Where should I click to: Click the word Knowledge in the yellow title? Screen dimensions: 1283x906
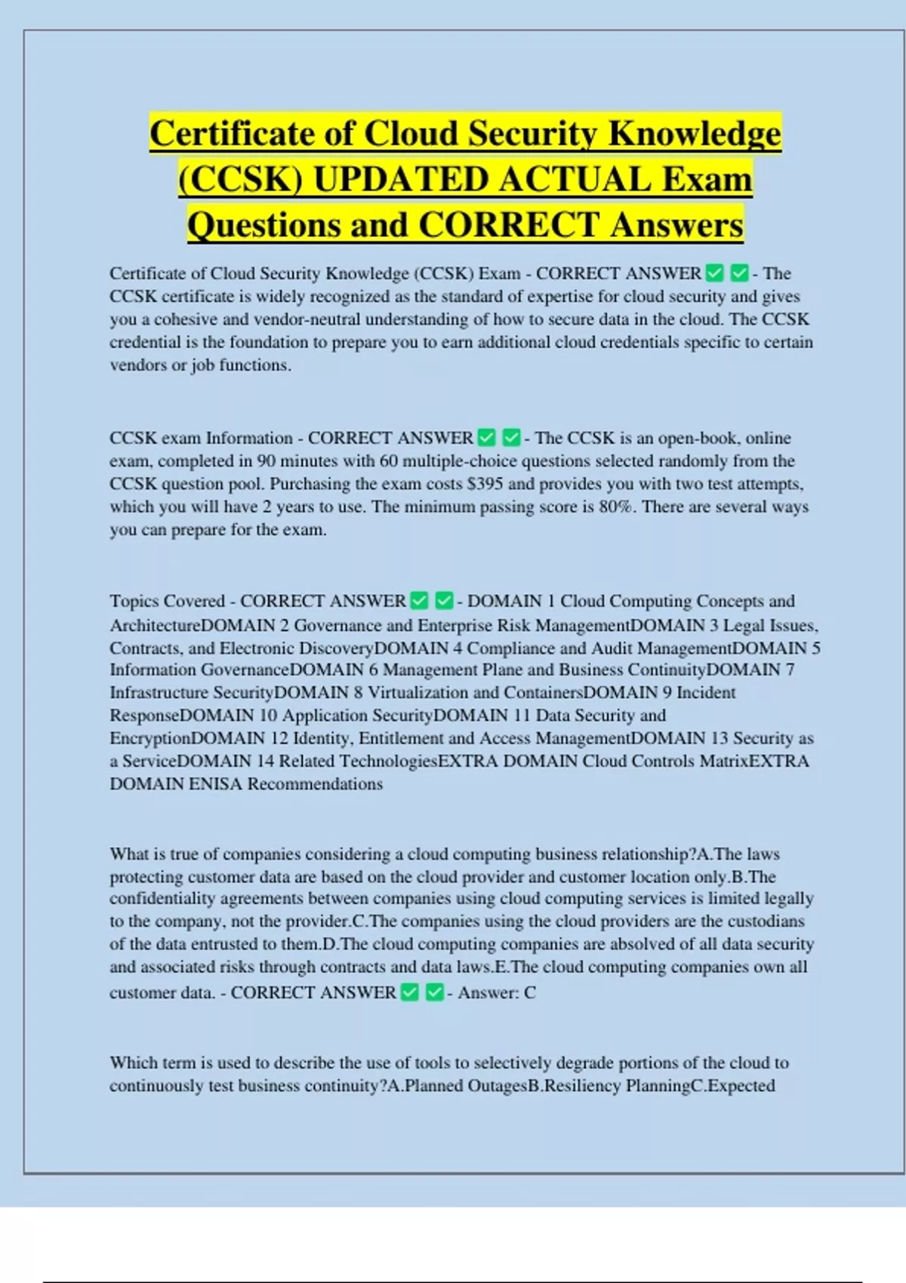point(694,134)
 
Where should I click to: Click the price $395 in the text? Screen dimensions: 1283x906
point(485,484)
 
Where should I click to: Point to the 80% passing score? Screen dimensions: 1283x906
point(618,506)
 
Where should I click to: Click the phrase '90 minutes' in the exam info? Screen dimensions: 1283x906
point(291,461)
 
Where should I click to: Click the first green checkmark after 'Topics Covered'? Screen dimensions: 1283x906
point(420,601)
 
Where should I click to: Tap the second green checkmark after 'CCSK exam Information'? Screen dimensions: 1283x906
point(512,438)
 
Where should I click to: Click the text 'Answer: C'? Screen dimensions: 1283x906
point(497,992)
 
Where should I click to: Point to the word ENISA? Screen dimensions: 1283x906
point(215,784)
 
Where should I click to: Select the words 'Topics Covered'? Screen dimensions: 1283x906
point(167,602)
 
